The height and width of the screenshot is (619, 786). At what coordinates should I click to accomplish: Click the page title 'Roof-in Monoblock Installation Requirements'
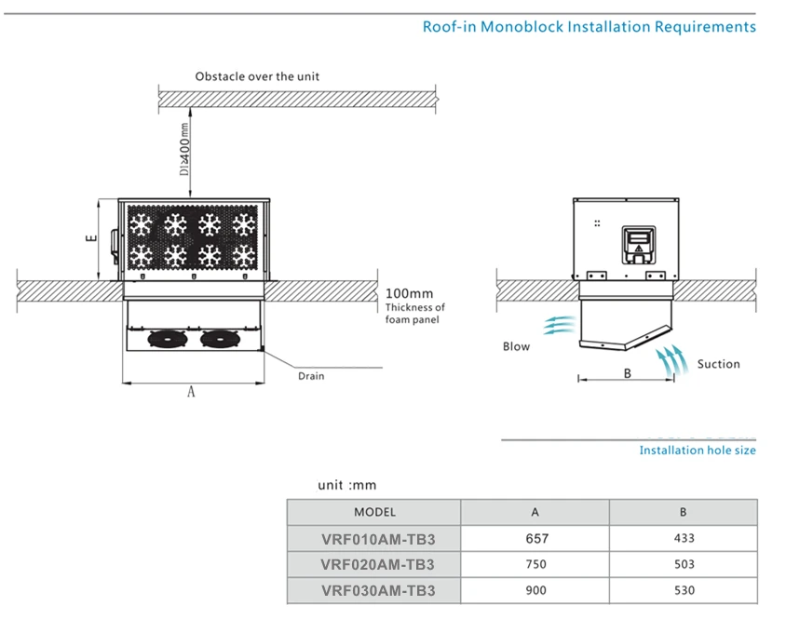[589, 26]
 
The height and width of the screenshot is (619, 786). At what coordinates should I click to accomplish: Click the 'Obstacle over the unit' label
[257, 76]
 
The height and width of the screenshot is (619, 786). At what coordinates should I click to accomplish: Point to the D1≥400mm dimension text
[185, 149]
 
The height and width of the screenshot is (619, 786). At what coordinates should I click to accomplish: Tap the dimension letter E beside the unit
[91, 238]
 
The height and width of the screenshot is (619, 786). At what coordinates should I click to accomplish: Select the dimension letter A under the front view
[191, 392]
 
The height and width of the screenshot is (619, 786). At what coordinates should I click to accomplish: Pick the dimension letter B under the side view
[627, 373]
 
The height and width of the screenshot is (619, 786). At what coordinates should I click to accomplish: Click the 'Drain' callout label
[311, 376]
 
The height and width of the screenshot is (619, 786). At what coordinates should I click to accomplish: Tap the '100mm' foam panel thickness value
[409, 293]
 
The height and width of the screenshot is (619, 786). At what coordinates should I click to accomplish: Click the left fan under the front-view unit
[168, 340]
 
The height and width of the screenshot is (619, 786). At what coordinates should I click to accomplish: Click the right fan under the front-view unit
[220, 340]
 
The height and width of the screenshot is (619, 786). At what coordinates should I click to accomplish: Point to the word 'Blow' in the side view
[516, 346]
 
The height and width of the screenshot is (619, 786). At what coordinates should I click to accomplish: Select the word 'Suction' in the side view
[718, 364]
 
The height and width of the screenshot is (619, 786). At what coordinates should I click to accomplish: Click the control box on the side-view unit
[639, 245]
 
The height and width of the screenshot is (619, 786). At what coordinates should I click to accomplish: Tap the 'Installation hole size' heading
[698, 451]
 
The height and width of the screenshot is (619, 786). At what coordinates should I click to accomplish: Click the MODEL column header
[375, 512]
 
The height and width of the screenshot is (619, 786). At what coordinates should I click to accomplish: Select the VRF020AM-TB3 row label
[377, 564]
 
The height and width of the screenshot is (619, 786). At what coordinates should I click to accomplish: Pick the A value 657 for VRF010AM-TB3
[536, 538]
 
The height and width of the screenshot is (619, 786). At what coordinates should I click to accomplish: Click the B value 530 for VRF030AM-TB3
[684, 590]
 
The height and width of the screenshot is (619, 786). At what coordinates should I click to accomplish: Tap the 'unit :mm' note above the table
[346, 485]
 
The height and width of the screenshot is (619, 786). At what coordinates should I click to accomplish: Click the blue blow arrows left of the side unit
[559, 325]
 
